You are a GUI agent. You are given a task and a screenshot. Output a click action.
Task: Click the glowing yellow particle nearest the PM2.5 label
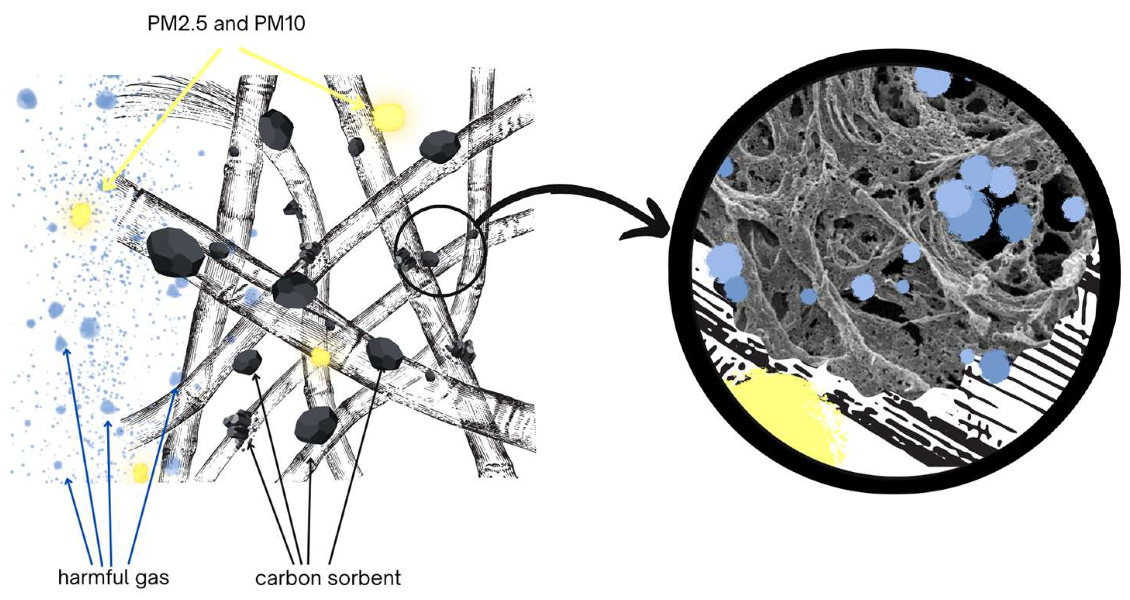point(388,117)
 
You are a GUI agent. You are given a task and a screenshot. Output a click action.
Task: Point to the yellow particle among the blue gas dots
point(81,215)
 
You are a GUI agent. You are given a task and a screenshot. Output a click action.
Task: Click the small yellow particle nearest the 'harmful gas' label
point(141,472)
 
